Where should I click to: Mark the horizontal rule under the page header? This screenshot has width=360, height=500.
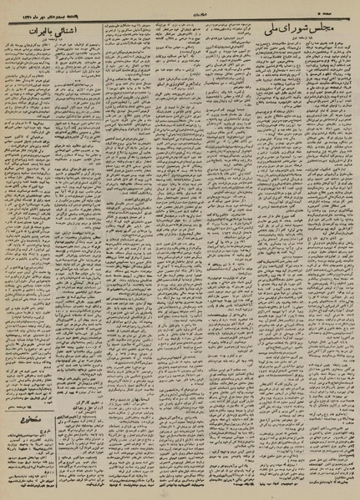(x=180, y=15)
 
